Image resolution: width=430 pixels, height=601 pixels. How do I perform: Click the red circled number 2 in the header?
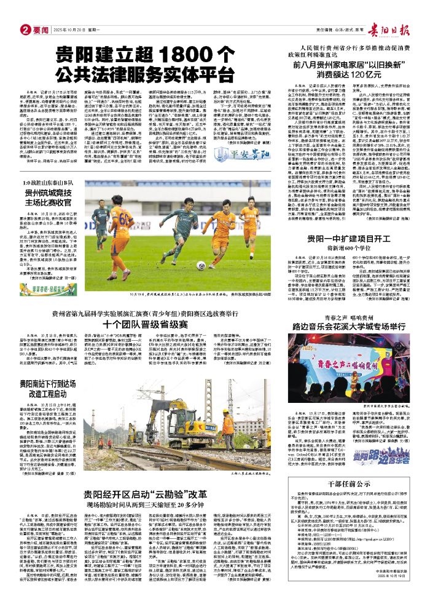26,29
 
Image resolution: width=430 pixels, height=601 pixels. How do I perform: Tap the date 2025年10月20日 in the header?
68,29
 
